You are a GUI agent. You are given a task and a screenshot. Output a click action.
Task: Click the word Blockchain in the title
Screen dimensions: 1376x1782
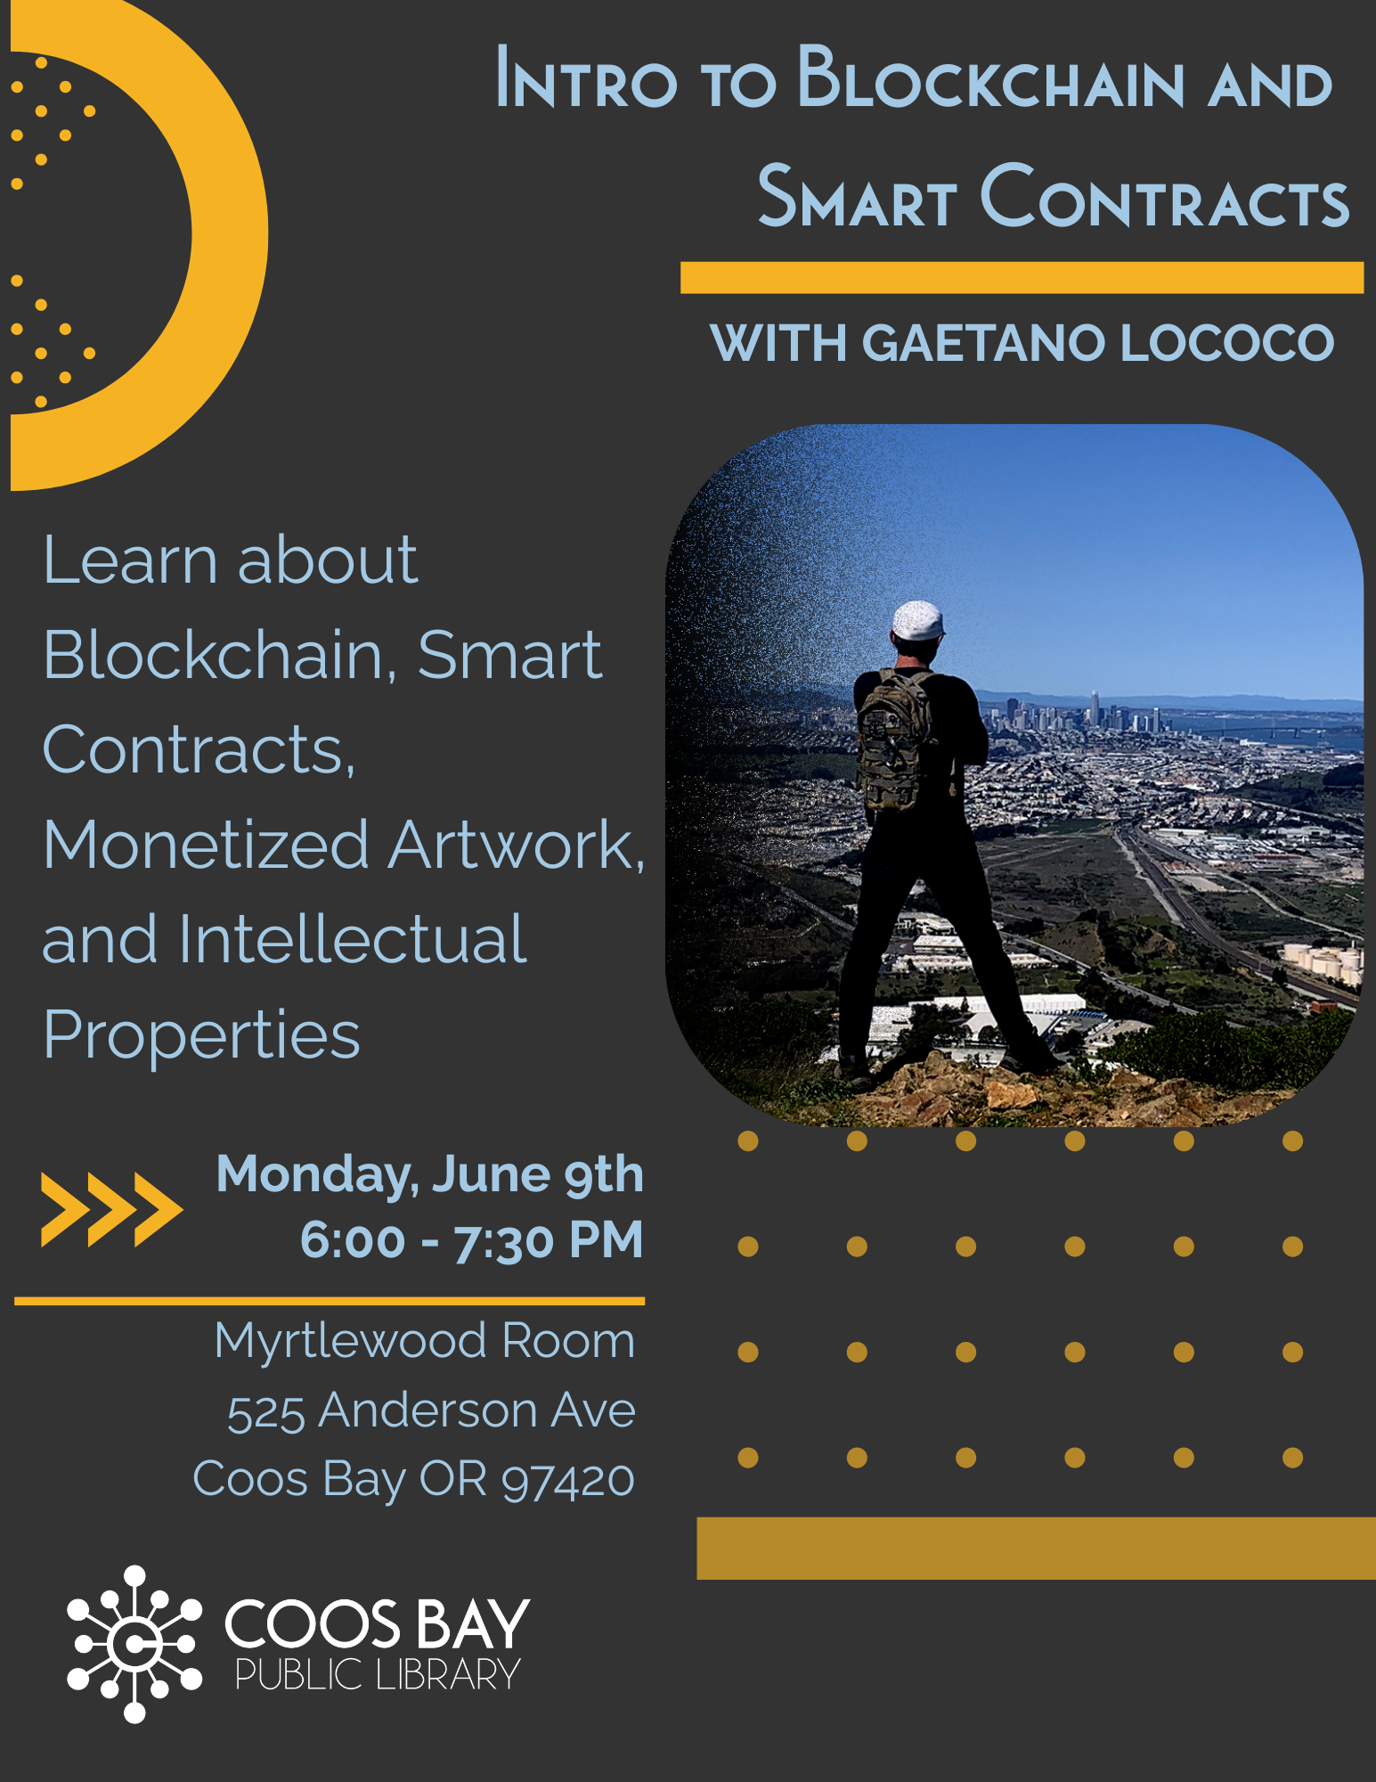click(x=990, y=78)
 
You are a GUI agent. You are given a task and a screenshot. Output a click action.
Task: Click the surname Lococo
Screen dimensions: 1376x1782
click(x=1227, y=342)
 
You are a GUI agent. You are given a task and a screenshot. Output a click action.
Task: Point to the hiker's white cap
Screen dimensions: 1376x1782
click(x=917, y=620)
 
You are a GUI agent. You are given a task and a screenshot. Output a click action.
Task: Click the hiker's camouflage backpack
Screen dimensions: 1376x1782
click(x=894, y=740)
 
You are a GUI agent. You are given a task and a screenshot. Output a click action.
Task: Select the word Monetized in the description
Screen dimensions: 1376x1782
click(x=206, y=845)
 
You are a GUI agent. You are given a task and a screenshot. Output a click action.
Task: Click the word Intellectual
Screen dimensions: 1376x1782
click(x=353, y=939)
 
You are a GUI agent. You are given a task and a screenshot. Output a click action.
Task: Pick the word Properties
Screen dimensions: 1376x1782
click(x=202, y=1037)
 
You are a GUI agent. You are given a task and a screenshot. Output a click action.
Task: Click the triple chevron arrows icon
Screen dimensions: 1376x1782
click(x=112, y=1209)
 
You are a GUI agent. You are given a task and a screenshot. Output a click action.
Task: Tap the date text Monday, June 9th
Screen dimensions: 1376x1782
click(x=430, y=1175)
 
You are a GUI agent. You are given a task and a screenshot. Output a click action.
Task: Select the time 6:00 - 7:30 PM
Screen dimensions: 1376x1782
click(x=472, y=1240)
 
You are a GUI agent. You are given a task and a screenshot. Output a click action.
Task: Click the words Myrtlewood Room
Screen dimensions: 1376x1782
click(x=425, y=1342)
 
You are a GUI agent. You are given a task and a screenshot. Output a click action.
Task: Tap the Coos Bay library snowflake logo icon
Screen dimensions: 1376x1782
click(x=134, y=1644)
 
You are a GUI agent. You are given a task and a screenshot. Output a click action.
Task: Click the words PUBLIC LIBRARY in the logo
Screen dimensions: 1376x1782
click(x=378, y=1676)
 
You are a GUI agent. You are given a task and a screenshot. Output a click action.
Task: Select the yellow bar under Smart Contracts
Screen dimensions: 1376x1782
click(x=1022, y=277)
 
